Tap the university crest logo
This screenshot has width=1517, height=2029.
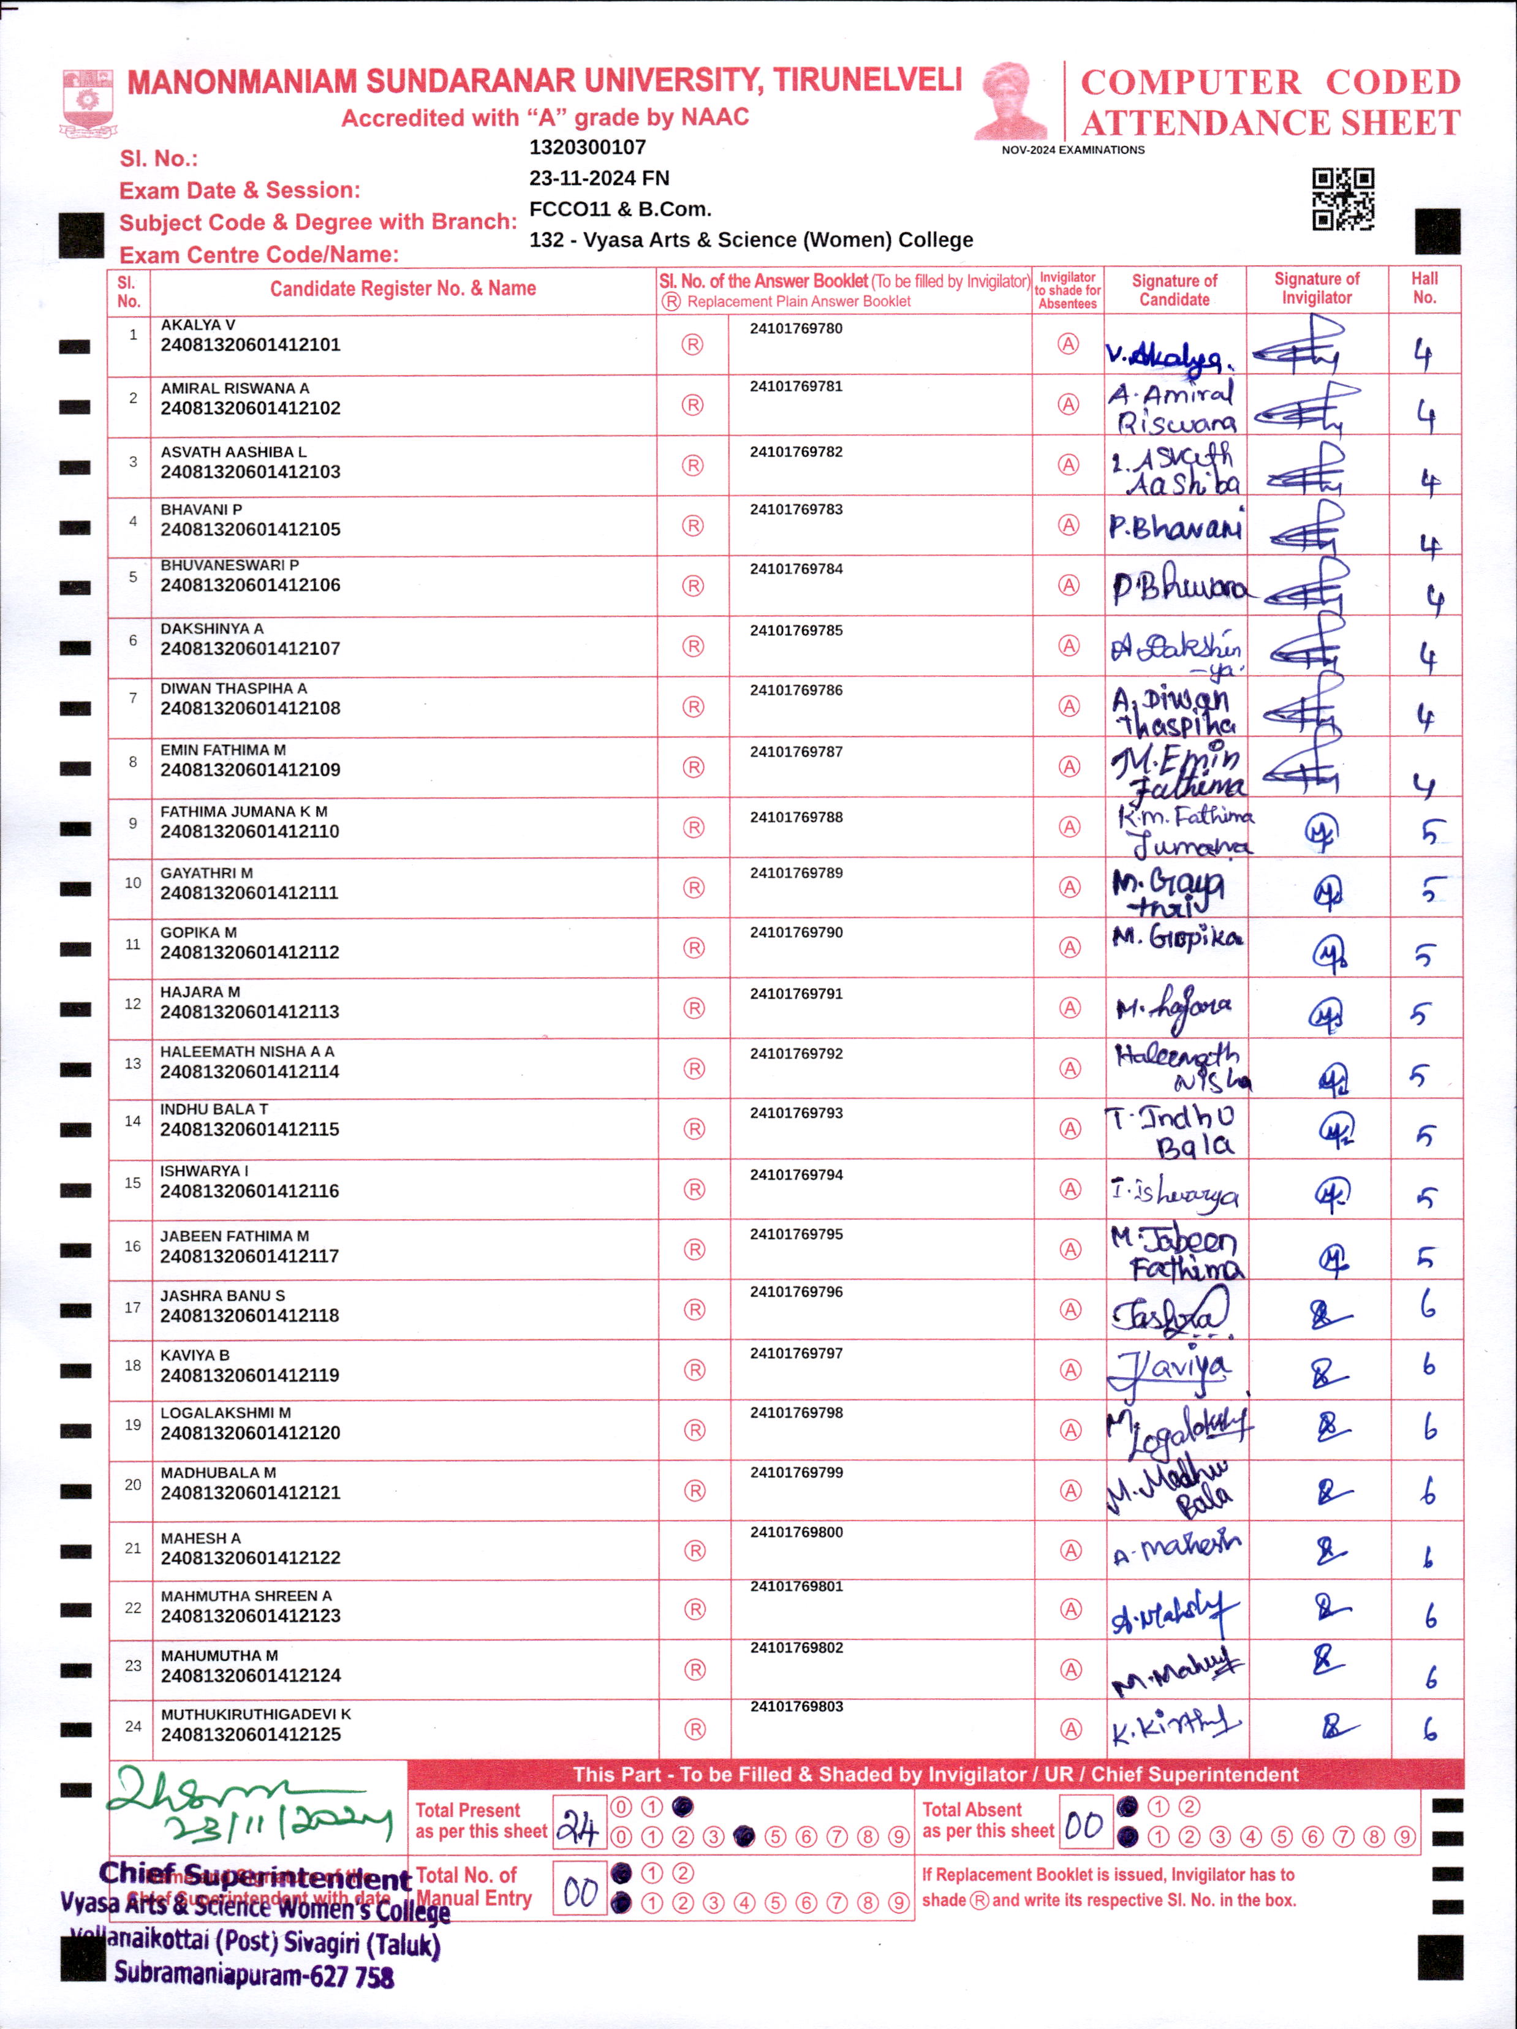(x=87, y=102)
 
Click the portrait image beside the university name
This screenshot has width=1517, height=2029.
(x=1011, y=101)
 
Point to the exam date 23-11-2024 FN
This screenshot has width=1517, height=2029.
(x=599, y=178)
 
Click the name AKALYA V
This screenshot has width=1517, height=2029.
(x=197, y=325)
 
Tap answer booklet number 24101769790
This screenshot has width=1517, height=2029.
(x=796, y=932)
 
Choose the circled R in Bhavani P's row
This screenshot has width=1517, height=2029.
(x=692, y=526)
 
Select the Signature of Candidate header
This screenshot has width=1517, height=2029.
(x=1174, y=290)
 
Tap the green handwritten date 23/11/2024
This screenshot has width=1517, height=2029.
(x=275, y=1826)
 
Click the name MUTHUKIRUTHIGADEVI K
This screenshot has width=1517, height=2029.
(x=256, y=1714)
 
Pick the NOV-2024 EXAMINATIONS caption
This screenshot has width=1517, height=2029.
(x=1072, y=149)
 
